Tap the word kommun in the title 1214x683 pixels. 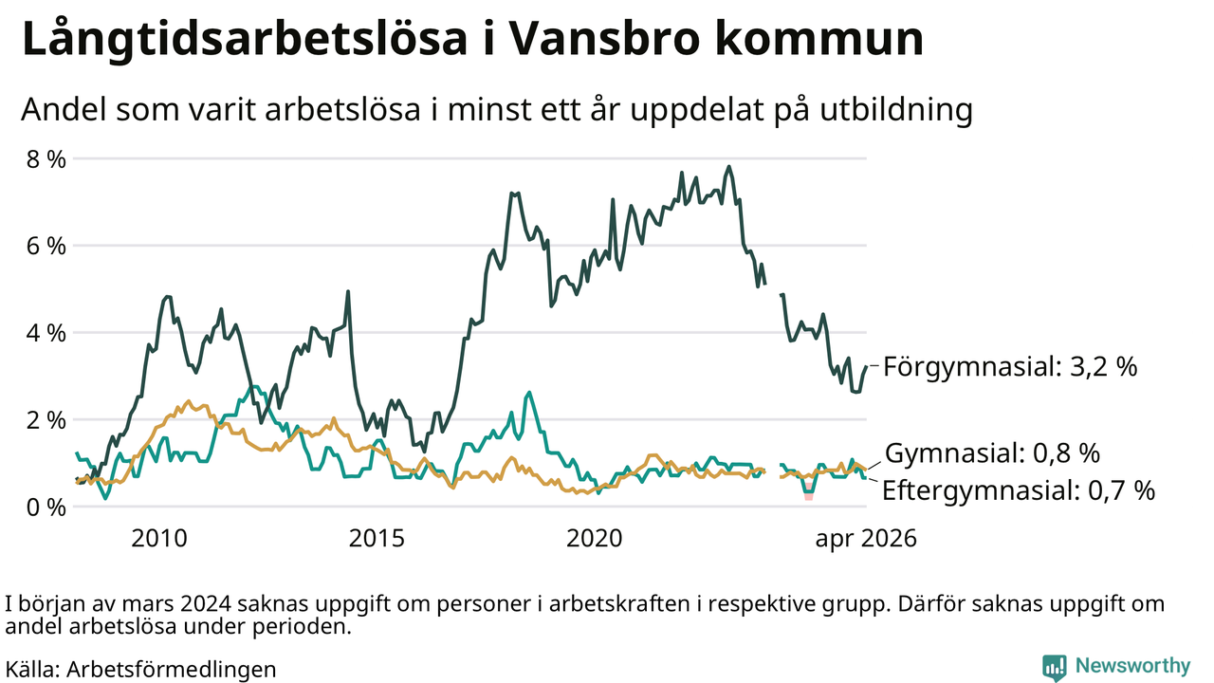pyautogui.click(x=819, y=39)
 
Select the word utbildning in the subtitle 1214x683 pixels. pyautogui.click(x=896, y=110)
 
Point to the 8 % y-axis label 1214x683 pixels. pyautogui.click(x=46, y=159)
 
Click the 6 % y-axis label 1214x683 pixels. pyautogui.click(x=46, y=246)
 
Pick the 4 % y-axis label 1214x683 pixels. pyautogui.click(x=46, y=333)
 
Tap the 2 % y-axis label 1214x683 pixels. pyautogui.click(x=46, y=420)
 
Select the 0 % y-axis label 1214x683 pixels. pyautogui.click(x=46, y=508)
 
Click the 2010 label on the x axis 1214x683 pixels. pyautogui.click(x=159, y=538)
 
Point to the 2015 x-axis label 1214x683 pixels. pyautogui.click(x=377, y=538)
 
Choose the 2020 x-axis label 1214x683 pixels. pyautogui.click(x=595, y=538)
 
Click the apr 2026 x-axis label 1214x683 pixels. pyautogui.click(x=866, y=539)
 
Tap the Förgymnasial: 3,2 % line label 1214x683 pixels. pyautogui.click(x=1010, y=367)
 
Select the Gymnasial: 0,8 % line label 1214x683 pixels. pyautogui.click(x=992, y=453)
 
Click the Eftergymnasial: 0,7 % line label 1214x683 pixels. pyautogui.click(x=1019, y=490)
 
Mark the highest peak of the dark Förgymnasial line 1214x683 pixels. pyautogui.click(x=729, y=167)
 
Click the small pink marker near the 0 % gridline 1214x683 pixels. pyautogui.click(x=809, y=494)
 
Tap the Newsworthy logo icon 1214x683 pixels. pyautogui.click(x=1054, y=667)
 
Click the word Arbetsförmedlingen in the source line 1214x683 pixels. pyautogui.click(x=172, y=670)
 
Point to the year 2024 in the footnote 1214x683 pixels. pyautogui.click(x=206, y=604)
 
